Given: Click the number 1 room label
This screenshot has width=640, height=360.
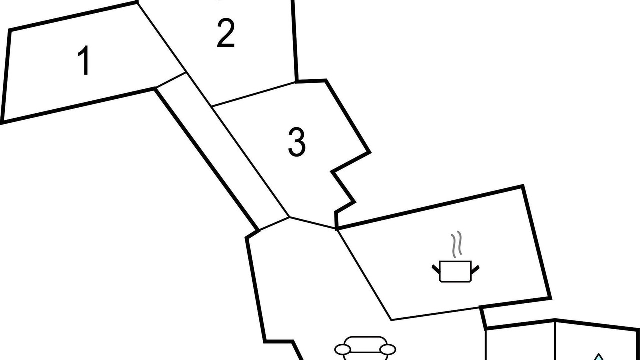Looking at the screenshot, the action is point(84,60).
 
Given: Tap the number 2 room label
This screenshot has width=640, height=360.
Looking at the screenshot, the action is point(225,33).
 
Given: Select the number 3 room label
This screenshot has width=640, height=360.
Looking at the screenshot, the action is point(297,142).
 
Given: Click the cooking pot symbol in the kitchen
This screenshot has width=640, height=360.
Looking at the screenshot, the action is point(455,271).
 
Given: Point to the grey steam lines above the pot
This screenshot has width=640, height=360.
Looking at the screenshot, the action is point(457,244).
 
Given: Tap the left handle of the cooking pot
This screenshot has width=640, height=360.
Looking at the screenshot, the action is point(436,269).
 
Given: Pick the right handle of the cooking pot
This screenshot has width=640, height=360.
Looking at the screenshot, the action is point(475,269).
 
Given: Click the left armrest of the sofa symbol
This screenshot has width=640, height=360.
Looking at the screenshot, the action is point(342,349).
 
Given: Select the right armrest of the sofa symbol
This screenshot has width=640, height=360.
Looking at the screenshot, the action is point(388,349).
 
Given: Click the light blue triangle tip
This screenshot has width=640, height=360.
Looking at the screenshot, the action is point(599,354).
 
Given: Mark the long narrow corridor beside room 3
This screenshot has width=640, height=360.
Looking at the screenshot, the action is point(223,151).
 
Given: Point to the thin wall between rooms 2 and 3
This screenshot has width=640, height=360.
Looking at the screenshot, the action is point(253,94).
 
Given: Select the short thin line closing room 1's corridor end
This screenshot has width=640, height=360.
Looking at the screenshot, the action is point(171,80).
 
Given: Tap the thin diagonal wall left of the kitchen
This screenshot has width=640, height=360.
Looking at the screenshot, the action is point(364,274).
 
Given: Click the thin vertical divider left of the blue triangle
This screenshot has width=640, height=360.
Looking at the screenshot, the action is point(555,341).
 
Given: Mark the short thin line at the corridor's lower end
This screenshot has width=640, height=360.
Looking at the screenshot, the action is point(274,223).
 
